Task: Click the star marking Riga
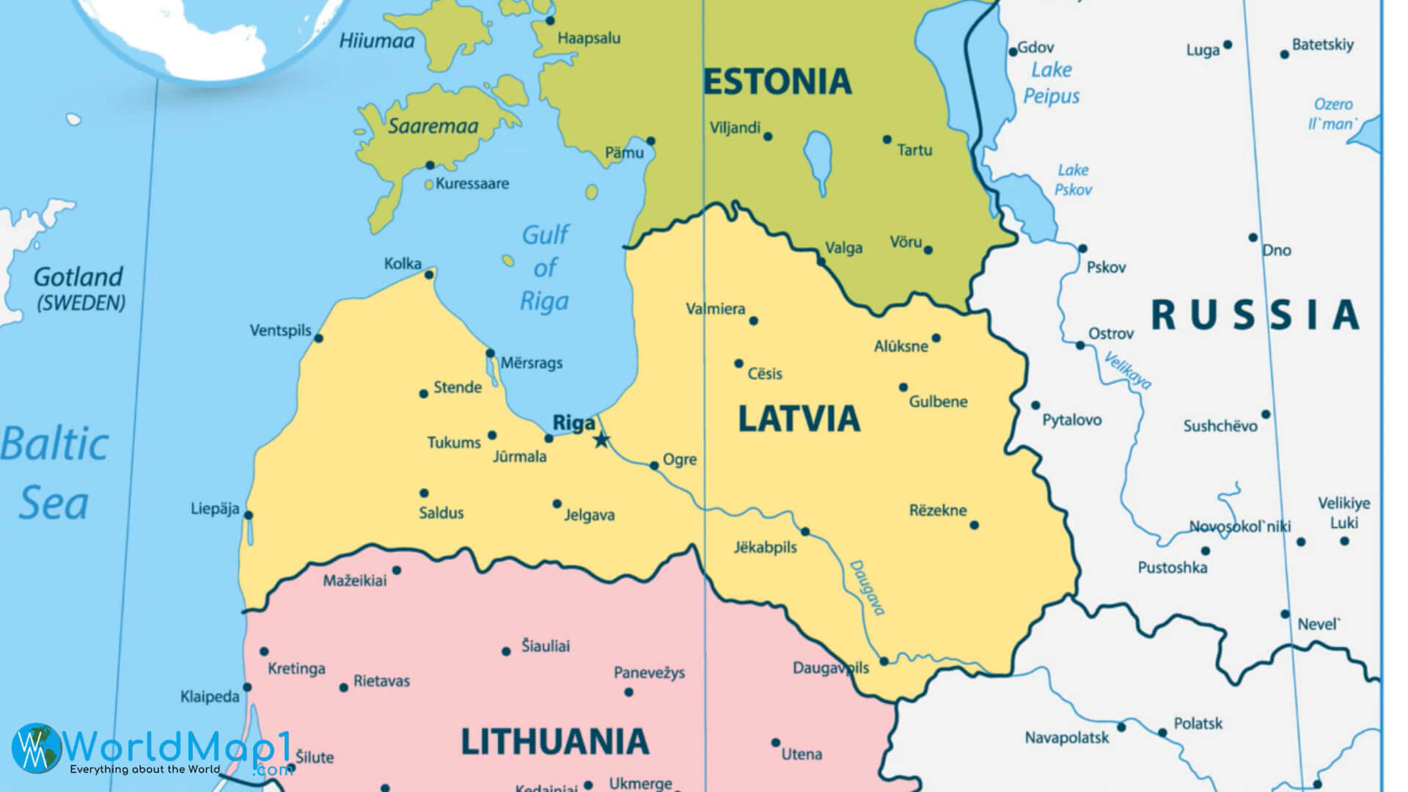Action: [x=601, y=440]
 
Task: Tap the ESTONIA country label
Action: [x=777, y=81]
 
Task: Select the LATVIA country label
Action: [x=799, y=419]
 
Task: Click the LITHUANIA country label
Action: [x=554, y=741]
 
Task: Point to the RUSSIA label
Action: [x=1255, y=315]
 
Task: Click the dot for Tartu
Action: [x=887, y=139]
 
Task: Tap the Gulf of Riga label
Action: [x=545, y=268]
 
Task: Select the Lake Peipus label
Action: [x=1052, y=83]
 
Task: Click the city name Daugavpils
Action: [x=830, y=668]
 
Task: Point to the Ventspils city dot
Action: [x=318, y=338]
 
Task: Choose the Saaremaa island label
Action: [x=433, y=126]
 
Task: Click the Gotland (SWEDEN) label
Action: [x=79, y=287]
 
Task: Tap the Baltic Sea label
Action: [x=54, y=474]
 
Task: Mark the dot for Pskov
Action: [x=1082, y=249]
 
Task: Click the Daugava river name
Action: [x=868, y=587]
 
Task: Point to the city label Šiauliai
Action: [x=545, y=646]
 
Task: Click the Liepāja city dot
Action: [x=249, y=516]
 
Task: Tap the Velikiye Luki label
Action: [x=1343, y=513]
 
